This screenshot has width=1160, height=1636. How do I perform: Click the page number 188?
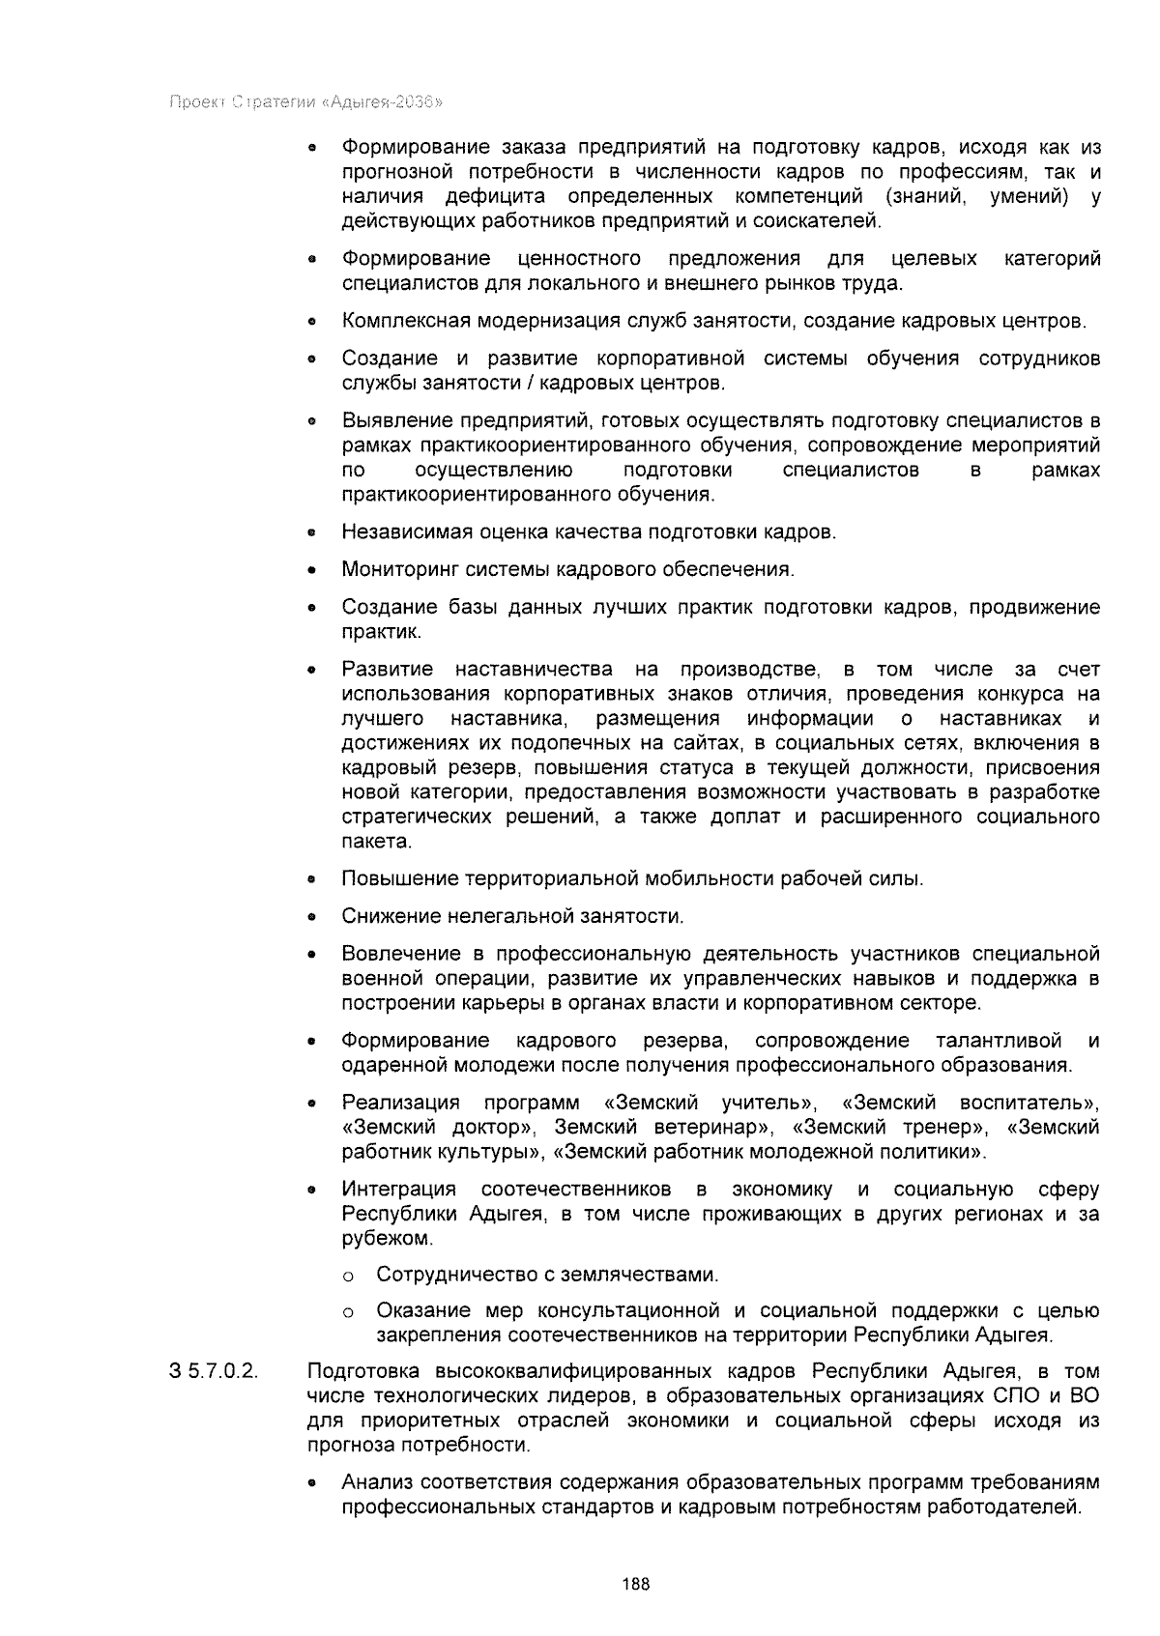click(x=636, y=1584)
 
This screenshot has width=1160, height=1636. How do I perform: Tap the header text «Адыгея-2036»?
click(x=386, y=101)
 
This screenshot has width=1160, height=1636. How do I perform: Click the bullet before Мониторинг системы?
click(x=311, y=571)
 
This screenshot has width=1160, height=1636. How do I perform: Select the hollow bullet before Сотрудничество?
click(x=347, y=1277)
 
